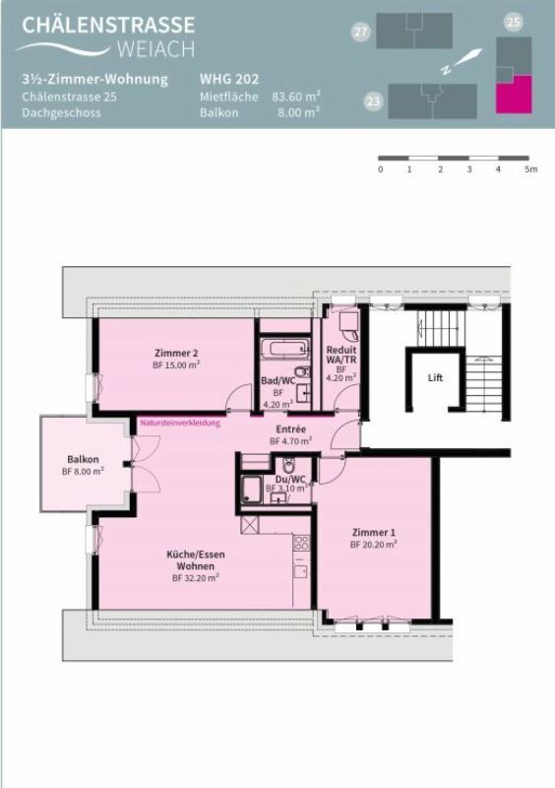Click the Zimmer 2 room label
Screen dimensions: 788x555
pyautogui.click(x=176, y=354)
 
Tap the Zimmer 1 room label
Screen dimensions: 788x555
pyautogui.click(x=374, y=532)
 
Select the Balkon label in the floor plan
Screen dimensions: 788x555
pyautogui.click(x=83, y=459)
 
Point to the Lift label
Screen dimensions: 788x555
pyautogui.click(x=435, y=377)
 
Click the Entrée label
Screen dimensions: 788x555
pyautogui.click(x=290, y=429)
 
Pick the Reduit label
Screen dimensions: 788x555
pyautogui.click(x=341, y=350)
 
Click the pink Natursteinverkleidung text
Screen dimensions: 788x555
pyautogui.click(x=179, y=423)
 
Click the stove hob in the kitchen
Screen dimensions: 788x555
pyautogui.click(x=302, y=543)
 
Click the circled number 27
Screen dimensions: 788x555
pyautogui.click(x=361, y=33)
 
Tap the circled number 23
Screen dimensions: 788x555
pyautogui.click(x=373, y=100)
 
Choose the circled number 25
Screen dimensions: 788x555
pyautogui.click(x=513, y=21)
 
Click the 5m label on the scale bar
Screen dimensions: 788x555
pyautogui.click(x=530, y=169)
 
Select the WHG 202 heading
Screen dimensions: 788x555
pyautogui.click(x=230, y=79)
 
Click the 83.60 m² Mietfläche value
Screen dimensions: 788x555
pyautogui.click(x=296, y=97)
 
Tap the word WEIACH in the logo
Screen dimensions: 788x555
pyautogui.click(x=154, y=49)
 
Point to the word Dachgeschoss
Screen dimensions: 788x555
pyautogui.click(x=60, y=113)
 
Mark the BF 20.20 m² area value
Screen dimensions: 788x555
pyautogui.click(x=374, y=544)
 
